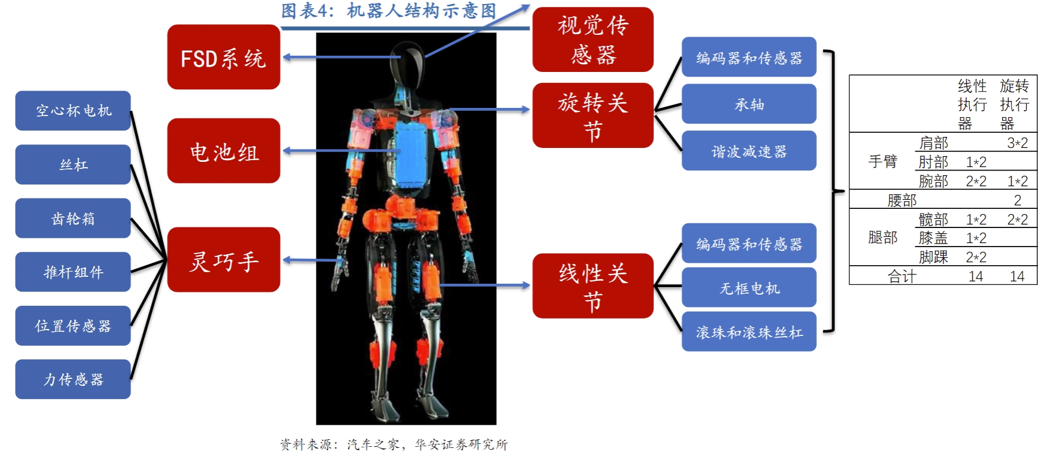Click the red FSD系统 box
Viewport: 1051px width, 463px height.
point(223,57)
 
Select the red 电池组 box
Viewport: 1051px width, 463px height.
point(223,151)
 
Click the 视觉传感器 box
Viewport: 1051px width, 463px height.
point(592,39)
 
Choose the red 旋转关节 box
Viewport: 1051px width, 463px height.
point(592,115)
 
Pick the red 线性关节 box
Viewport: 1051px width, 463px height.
point(592,285)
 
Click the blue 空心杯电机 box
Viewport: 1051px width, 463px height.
point(73,110)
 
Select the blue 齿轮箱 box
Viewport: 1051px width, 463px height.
point(73,218)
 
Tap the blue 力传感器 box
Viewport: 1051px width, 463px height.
point(73,379)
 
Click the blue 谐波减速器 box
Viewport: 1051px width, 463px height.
point(748,151)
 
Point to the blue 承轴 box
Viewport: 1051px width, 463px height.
point(748,104)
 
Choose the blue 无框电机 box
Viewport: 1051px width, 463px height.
point(748,287)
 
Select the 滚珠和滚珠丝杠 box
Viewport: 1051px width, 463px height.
point(748,331)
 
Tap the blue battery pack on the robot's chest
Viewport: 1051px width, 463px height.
point(412,154)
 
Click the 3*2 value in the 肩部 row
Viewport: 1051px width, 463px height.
point(1017,143)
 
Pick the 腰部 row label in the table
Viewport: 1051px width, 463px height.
point(901,200)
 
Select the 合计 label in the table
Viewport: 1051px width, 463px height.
point(901,276)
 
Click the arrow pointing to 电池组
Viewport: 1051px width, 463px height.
point(342,151)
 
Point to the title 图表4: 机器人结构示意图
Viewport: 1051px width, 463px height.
point(388,10)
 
